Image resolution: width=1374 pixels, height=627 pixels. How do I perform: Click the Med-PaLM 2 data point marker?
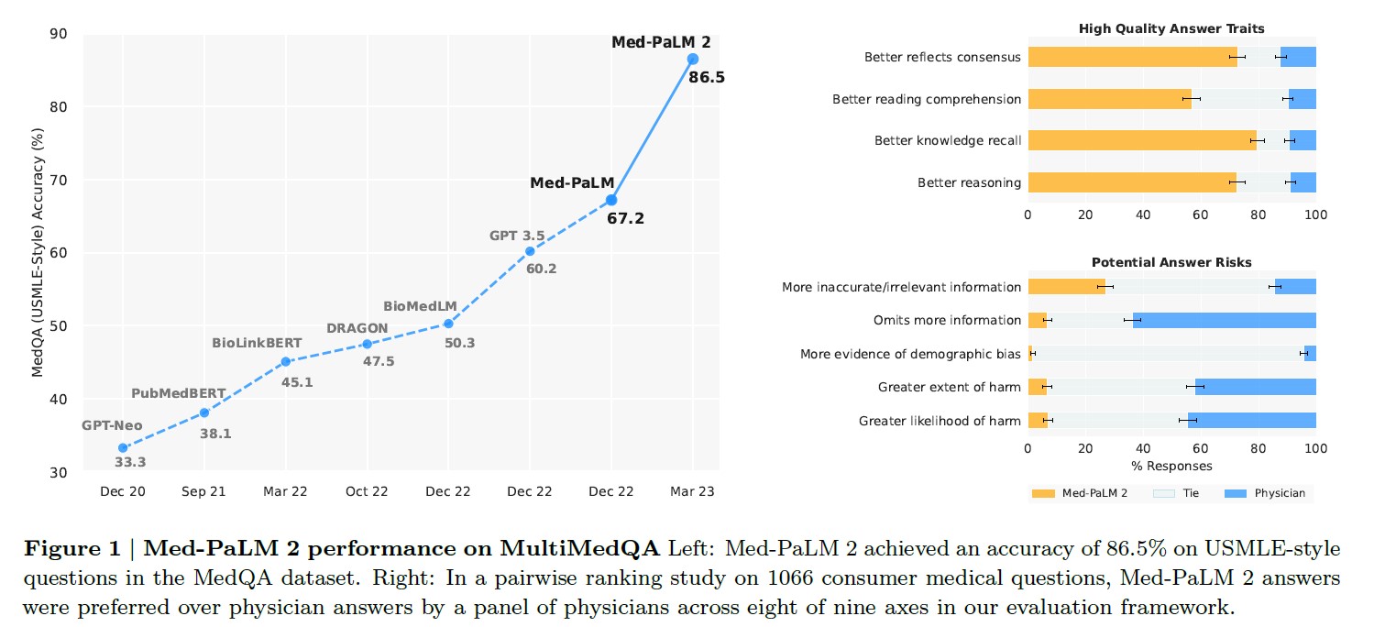[x=693, y=59]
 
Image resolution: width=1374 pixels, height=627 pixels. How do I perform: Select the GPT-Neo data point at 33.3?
[x=123, y=448]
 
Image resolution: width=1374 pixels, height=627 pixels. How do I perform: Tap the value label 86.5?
[x=707, y=78]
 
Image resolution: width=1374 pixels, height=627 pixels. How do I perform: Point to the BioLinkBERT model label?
[x=257, y=344]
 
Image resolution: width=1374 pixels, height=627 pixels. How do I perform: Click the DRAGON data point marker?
[x=367, y=344]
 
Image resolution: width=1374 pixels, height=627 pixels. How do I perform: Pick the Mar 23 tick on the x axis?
[x=693, y=491]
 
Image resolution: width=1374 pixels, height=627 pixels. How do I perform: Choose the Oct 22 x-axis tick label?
[x=367, y=491]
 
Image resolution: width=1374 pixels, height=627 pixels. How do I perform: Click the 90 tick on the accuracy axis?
[x=59, y=34]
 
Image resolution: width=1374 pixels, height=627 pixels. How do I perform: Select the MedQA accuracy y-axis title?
[x=38, y=253]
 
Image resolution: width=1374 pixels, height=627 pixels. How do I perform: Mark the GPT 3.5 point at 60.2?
[x=530, y=251]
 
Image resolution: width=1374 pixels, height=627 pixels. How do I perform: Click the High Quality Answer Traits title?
[x=1171, y=29]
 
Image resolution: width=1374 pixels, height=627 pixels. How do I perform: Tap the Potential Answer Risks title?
[x=1171, y=262]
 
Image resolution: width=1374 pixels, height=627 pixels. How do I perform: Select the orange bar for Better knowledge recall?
[x=1141, y=140]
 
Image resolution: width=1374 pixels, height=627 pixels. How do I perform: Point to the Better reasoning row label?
[x=969, y=182]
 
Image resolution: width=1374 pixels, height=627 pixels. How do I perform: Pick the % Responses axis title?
[x=1171, y=466]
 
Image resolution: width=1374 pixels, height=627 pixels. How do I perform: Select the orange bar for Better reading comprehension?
[x=1109, y=99]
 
